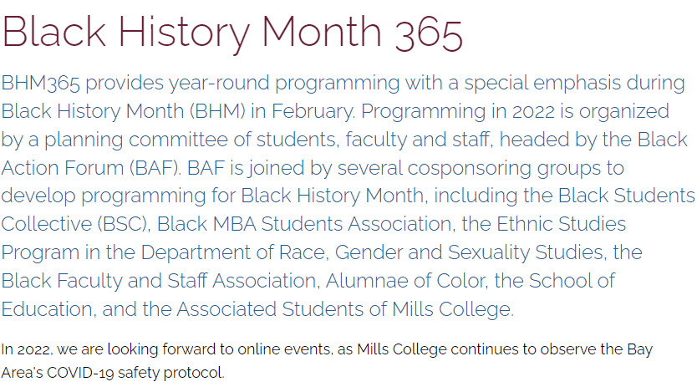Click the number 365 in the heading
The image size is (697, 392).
(x=429, y=33)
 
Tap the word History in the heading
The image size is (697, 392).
(x=184, y=34)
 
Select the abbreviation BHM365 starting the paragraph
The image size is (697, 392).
(x=40, y=83)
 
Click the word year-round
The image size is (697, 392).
(x=219, y=84)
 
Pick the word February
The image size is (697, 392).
(x=313, y=111)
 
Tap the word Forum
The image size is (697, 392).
(x=94, y=168)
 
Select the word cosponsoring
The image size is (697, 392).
(x=470, y=169)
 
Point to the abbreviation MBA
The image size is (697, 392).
(x=234, y=224)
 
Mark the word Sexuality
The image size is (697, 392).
(x=489, y=253)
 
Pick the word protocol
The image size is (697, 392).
(x=194, y=373)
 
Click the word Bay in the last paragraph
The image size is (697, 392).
(x=639, y=350)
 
